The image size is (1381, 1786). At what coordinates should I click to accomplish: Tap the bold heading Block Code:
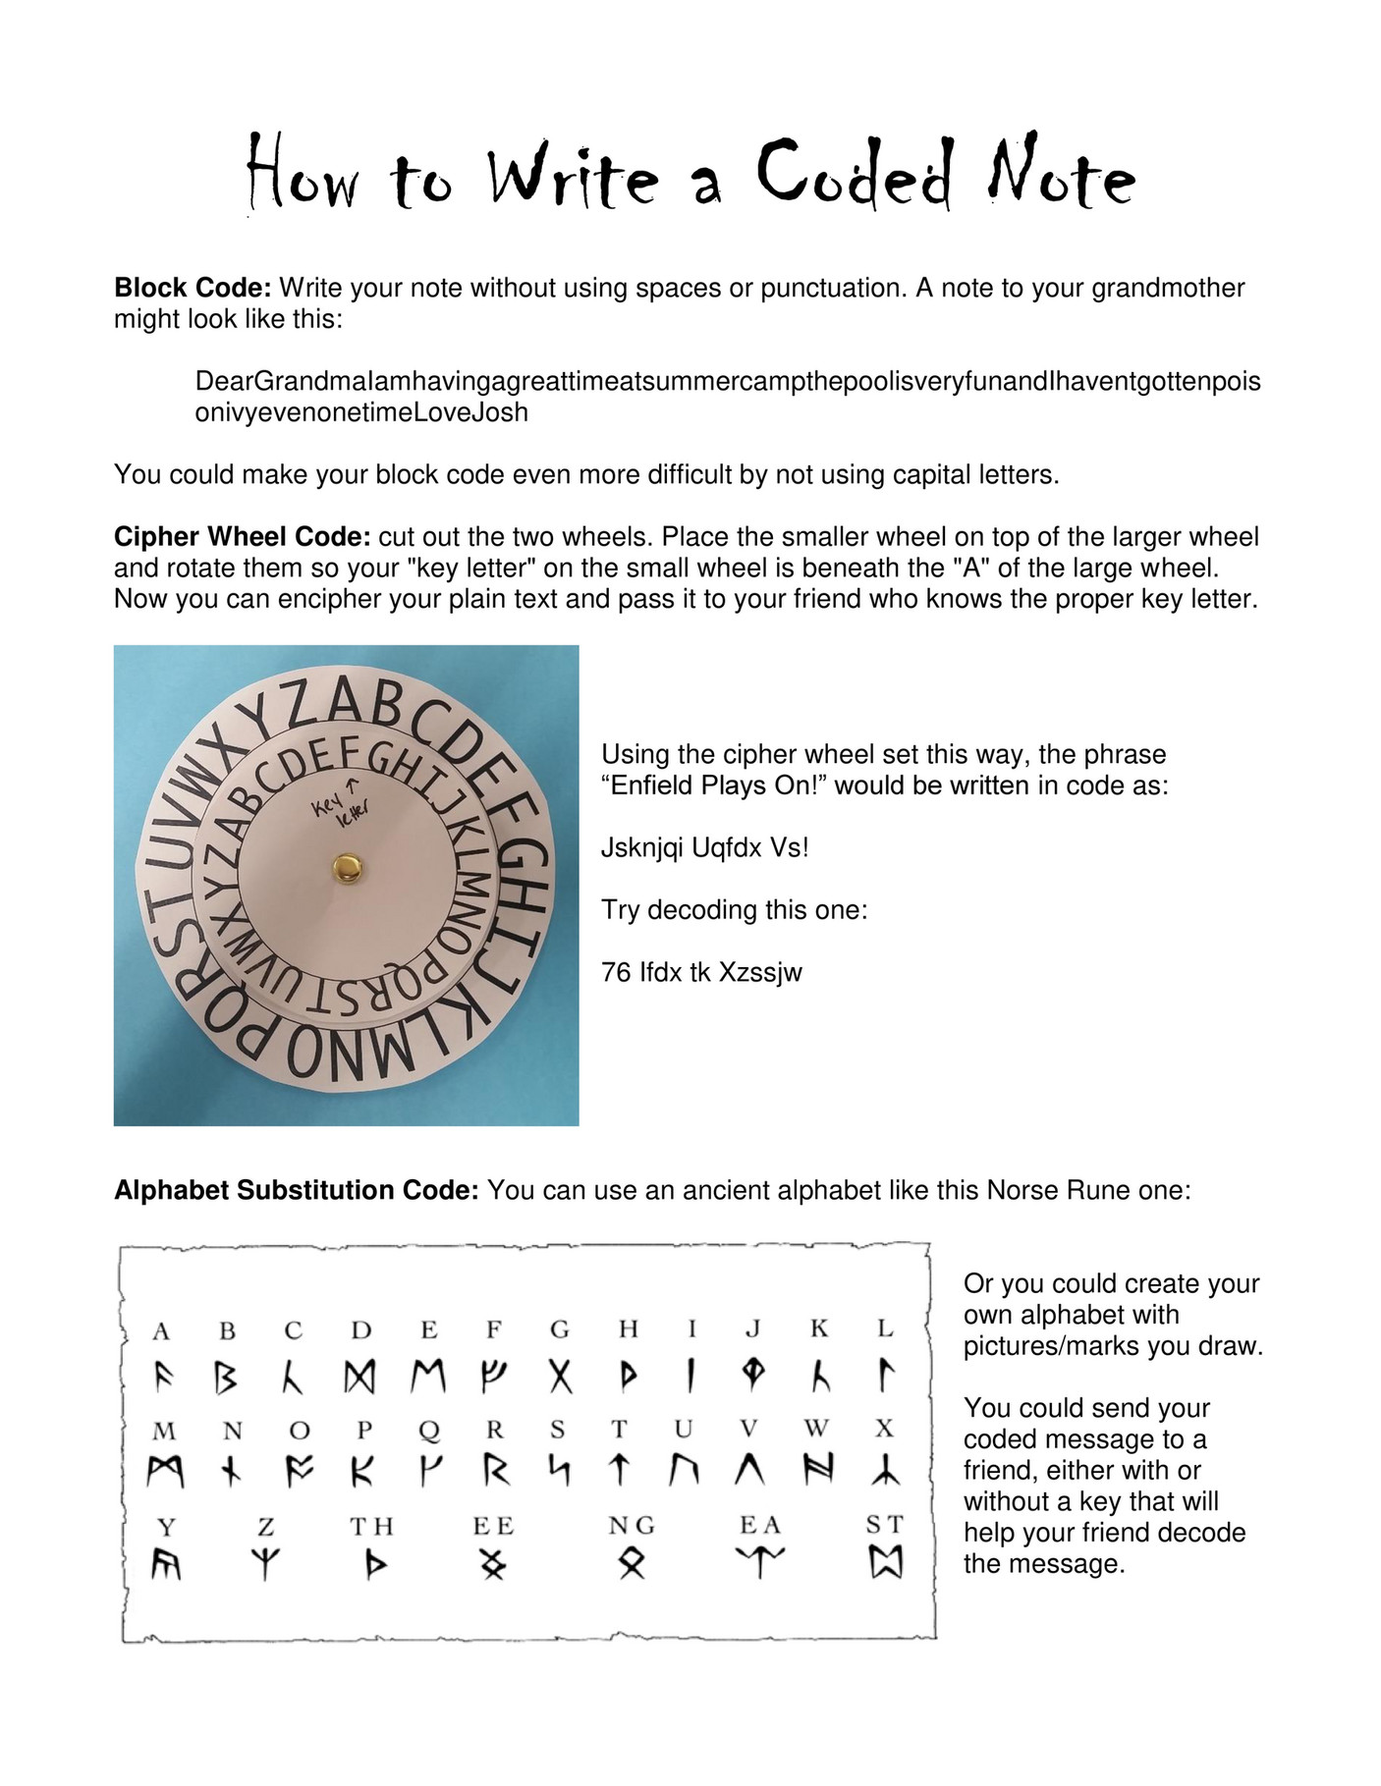coord(193,288)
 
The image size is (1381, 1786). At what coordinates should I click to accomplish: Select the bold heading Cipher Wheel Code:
coord(242,537)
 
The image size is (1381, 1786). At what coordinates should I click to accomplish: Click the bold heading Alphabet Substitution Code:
coord(296,1190)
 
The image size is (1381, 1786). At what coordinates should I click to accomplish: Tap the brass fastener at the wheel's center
coord(347,866)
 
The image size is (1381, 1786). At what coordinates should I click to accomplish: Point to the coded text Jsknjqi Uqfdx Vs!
coord(704,847)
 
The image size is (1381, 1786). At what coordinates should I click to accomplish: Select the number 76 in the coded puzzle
coord(616,972)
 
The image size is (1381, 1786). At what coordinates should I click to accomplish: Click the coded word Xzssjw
coord(760,972)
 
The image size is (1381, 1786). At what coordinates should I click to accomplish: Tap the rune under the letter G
coord(560,1378)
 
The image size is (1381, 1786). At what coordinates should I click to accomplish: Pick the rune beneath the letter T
coord(619,1470)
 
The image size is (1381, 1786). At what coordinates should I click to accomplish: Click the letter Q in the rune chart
coord(428,1430)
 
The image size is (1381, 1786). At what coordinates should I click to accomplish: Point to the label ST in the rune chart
coord(884,1524)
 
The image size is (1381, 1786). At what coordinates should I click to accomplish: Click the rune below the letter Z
coord(265,1563)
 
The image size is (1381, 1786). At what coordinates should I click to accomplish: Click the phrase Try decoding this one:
coord(734,909)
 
